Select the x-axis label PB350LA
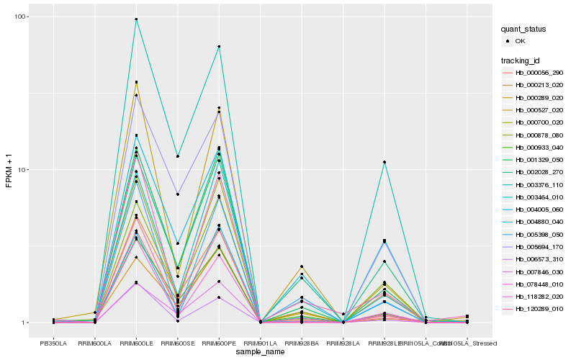pos(53,343)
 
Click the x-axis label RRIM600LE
pos(136,343)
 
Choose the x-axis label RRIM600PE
pos(219,343)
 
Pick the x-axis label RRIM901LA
pos(260,343)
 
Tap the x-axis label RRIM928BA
pos(302,343)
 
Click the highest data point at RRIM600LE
pos(136,19)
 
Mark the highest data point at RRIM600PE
pos(219,47)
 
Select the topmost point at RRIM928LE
pos(384,162)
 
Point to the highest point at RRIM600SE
pos(177,156)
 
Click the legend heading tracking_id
pos(522,60)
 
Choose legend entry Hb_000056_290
pos(539,73)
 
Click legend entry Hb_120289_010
pos(539,308)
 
